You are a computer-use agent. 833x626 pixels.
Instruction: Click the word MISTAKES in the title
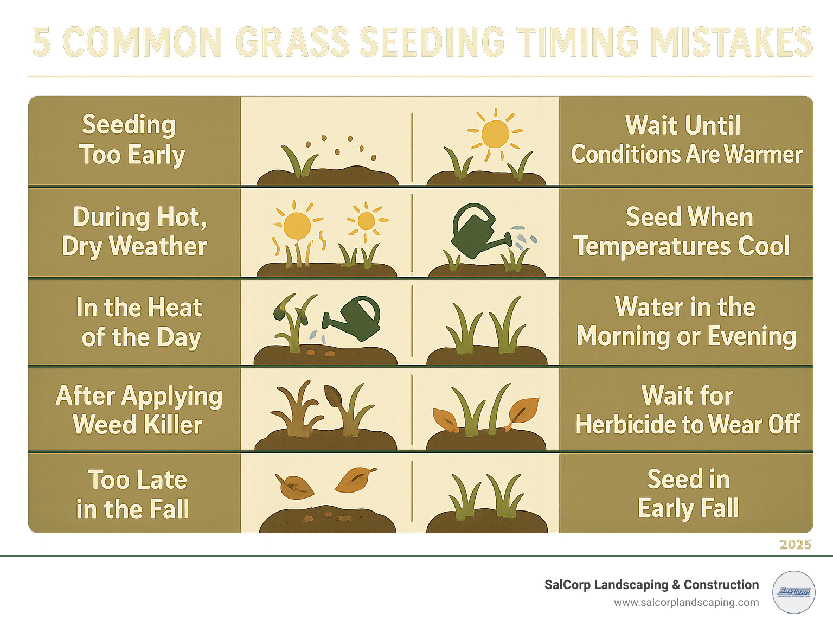[x=732, y=42]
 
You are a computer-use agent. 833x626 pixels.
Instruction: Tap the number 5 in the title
[x=41, y=42]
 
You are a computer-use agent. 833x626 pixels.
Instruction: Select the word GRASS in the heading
[x=293, y=42]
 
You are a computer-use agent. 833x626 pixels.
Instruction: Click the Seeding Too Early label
[x=131, y=139]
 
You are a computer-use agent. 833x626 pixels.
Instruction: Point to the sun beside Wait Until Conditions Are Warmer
[x=495, y=134]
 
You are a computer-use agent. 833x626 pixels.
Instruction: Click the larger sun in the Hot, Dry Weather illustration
[x=297, y=225]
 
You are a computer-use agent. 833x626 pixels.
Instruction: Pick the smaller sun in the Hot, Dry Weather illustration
[x=367, y=221]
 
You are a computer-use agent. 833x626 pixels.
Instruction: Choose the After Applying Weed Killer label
[x=138, y=410]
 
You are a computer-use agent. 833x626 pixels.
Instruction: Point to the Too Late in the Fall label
[x=133, y=494]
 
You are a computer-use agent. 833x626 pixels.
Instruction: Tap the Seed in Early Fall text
[x=688, y=494]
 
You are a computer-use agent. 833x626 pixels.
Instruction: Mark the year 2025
[x=795, y=545]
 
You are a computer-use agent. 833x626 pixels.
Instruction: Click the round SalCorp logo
[x=793, y=592]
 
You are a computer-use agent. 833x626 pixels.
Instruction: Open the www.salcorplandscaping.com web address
[x=686, y=602]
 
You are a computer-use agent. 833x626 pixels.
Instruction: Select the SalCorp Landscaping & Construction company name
[x=651, y=585]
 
